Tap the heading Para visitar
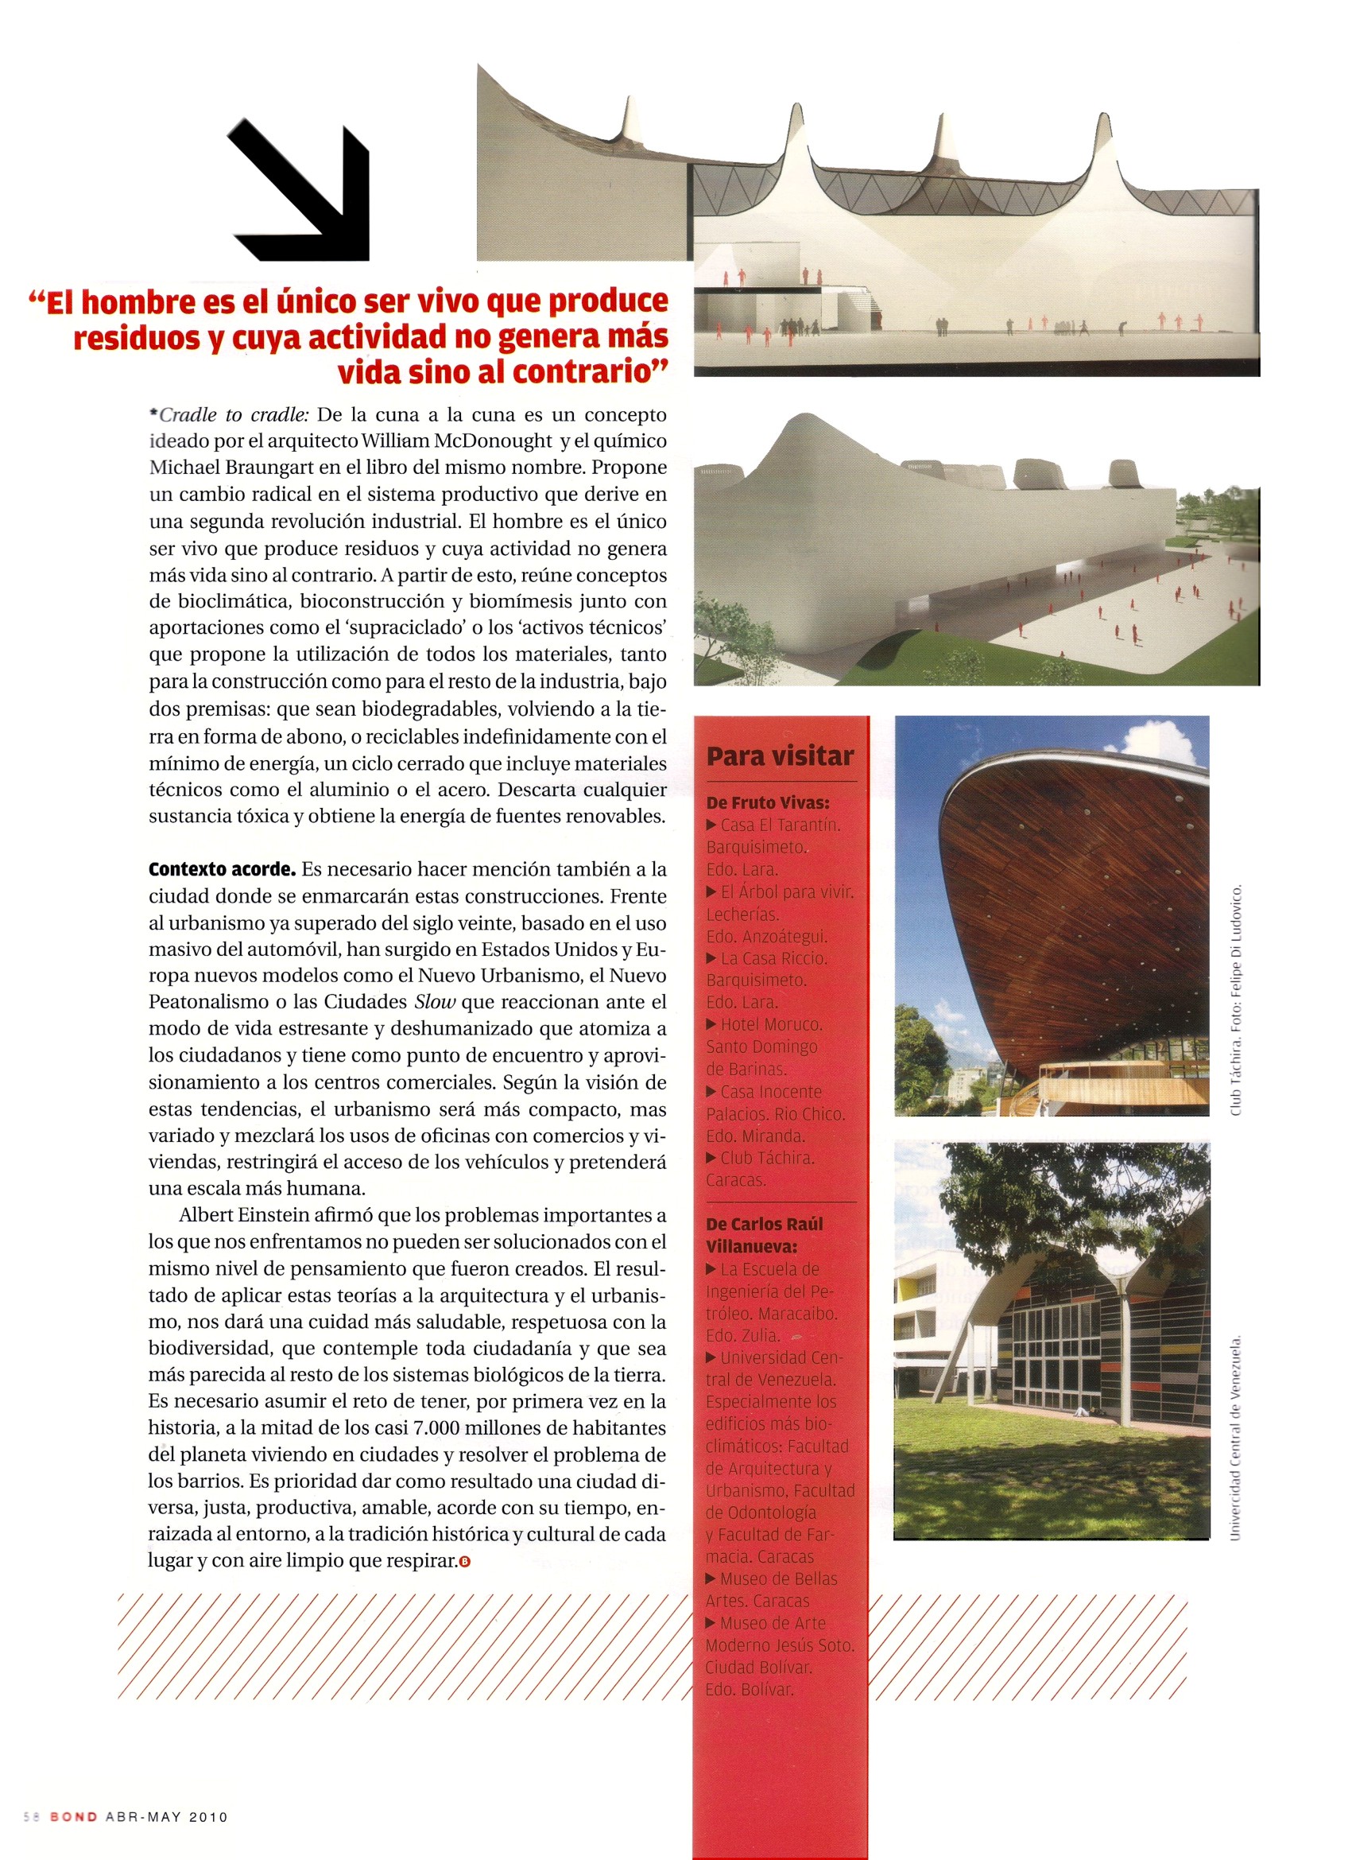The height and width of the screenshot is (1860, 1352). point(780,755)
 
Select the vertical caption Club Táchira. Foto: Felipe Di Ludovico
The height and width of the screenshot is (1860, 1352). point(1237,998)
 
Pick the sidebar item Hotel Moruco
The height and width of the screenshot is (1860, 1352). point(770,1024)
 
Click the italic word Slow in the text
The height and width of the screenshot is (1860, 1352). point(434,1002)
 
